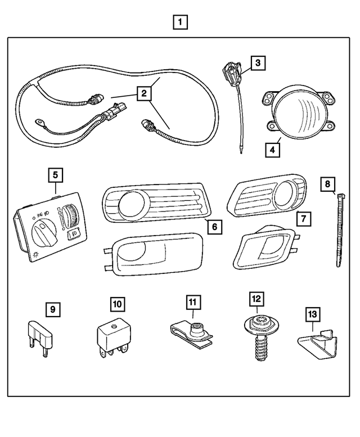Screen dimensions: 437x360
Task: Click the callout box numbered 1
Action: tap(180, 23)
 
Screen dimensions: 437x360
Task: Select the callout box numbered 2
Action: tap(145, 93)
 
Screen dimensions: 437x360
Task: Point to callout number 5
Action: tap(55, 175)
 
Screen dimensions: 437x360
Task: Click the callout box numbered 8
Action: tap(328, 183)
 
